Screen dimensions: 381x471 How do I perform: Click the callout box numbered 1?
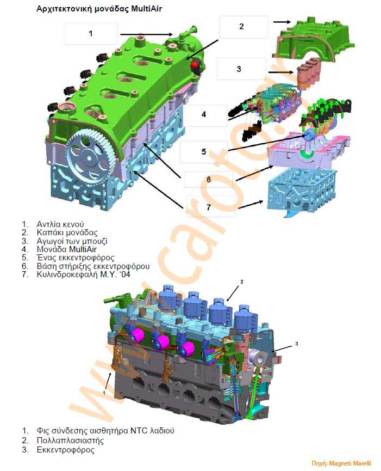[x=91, y=34]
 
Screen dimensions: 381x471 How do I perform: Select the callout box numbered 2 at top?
[x=243, y=27]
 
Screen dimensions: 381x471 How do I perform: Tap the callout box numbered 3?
[x=241, y=69]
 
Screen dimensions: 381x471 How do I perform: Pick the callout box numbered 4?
[x=205, y=115]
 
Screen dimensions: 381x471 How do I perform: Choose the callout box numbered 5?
[x=203, y=152]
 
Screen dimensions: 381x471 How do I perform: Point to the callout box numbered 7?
[x=210, y=206]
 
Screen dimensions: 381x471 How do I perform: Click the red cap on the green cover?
[x=195, y=64]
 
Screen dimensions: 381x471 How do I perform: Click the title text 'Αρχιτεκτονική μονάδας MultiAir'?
[x=99, y=9]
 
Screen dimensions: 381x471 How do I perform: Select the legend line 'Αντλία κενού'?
[x=60, y=224]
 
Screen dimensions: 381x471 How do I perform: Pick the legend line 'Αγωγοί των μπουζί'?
[x=72, y=241]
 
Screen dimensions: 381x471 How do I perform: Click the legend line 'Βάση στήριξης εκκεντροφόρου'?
[x=93, y=266]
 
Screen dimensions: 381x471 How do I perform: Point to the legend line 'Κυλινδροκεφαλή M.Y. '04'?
[x=83, y=274]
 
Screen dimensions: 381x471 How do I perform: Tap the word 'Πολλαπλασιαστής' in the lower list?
[x=70, y=441]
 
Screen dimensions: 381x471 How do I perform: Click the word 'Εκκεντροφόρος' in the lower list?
[x=65, y=450]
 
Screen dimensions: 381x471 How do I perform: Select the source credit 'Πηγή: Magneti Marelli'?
[x=341, y=463]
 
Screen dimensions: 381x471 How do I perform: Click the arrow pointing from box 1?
[x=147, y=34]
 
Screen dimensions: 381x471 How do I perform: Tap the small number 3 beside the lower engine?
[x=296, y=344]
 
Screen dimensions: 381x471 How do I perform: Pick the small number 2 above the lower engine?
[x=242, y=282]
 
